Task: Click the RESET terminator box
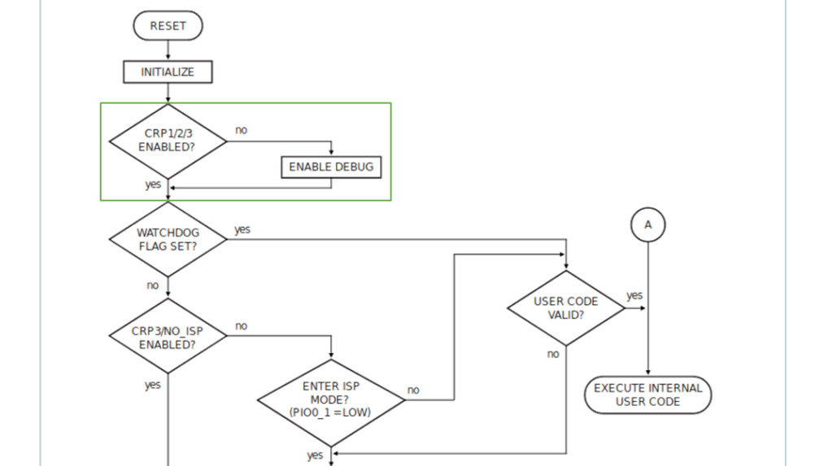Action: [x=168, y=26]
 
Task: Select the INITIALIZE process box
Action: [x=168, y=72]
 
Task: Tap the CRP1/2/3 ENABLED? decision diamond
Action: [x=168, y=141]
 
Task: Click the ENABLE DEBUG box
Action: [x=331, y=167]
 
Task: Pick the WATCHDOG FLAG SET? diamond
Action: [x=168, y=239]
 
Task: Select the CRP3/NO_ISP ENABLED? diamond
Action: [x=168, y=338]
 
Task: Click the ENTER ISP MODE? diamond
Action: [x=331, y=399]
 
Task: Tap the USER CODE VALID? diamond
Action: [x=566, y=307]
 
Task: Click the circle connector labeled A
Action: [x=648, y=224]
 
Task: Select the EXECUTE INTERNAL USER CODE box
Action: [x=648, y=395]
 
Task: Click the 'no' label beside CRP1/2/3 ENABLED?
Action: [x=242, y=130]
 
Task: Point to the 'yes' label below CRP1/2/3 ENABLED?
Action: [x=152, y=185]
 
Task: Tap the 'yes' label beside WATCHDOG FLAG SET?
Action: [x=242, y=230]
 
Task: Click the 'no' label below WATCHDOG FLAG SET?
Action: [x=152, y=285]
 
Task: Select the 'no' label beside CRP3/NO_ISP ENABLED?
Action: [x=242, y=326]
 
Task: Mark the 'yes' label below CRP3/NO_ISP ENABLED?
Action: [x=152, y=385]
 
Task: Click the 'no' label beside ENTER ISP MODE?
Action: [x=413, y=390]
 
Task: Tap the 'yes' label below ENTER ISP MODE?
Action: [x=314, y=455]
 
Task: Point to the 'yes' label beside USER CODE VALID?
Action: [x=634, y=295]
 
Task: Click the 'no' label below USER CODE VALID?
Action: [x=553, y=354]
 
